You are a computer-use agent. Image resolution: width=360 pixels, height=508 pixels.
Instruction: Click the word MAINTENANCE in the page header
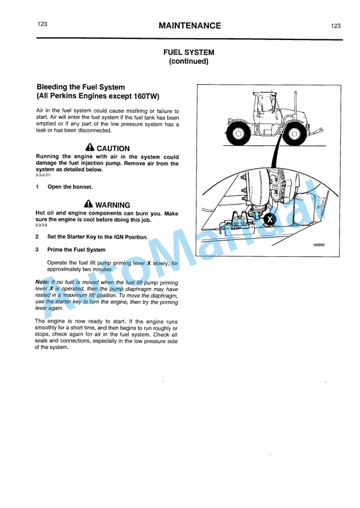189,25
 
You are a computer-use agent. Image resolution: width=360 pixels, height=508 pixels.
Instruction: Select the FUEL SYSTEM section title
188,52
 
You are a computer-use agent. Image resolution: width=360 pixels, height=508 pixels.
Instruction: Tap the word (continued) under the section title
188,61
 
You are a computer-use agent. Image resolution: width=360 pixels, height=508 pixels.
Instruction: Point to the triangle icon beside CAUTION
89,148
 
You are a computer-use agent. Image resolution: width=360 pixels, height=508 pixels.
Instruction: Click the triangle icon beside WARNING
88,205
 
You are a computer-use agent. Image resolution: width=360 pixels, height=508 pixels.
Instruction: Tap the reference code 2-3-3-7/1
44,175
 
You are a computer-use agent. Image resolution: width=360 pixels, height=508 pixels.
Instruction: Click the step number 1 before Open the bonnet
38,187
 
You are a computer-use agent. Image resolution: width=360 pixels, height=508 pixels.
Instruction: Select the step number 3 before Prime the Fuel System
38,250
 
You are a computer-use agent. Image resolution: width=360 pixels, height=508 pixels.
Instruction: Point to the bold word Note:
42,282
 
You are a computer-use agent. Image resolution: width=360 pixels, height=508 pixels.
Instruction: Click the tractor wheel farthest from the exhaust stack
239,133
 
